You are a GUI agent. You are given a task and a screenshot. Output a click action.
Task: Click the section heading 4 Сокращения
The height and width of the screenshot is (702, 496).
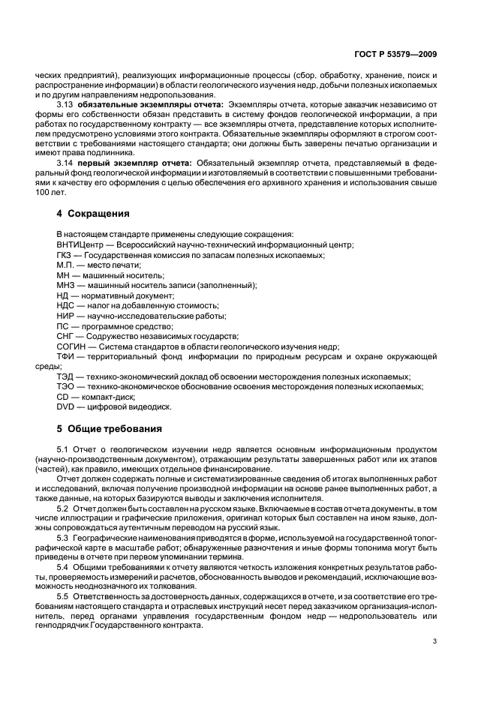click(x=94, y=213)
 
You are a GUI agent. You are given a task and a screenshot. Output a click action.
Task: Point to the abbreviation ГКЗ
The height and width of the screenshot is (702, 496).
click(x=65, y=255)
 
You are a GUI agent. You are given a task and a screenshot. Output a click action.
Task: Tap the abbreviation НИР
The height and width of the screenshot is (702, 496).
click(x=66, y=316)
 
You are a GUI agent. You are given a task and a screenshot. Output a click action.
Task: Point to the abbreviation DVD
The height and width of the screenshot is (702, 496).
click(x=66, y=406)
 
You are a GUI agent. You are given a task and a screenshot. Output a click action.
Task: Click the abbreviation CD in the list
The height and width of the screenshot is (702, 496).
click(x=63, y=397)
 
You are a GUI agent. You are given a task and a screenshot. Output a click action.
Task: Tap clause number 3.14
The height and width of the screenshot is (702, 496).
click(x=66, y=163)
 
